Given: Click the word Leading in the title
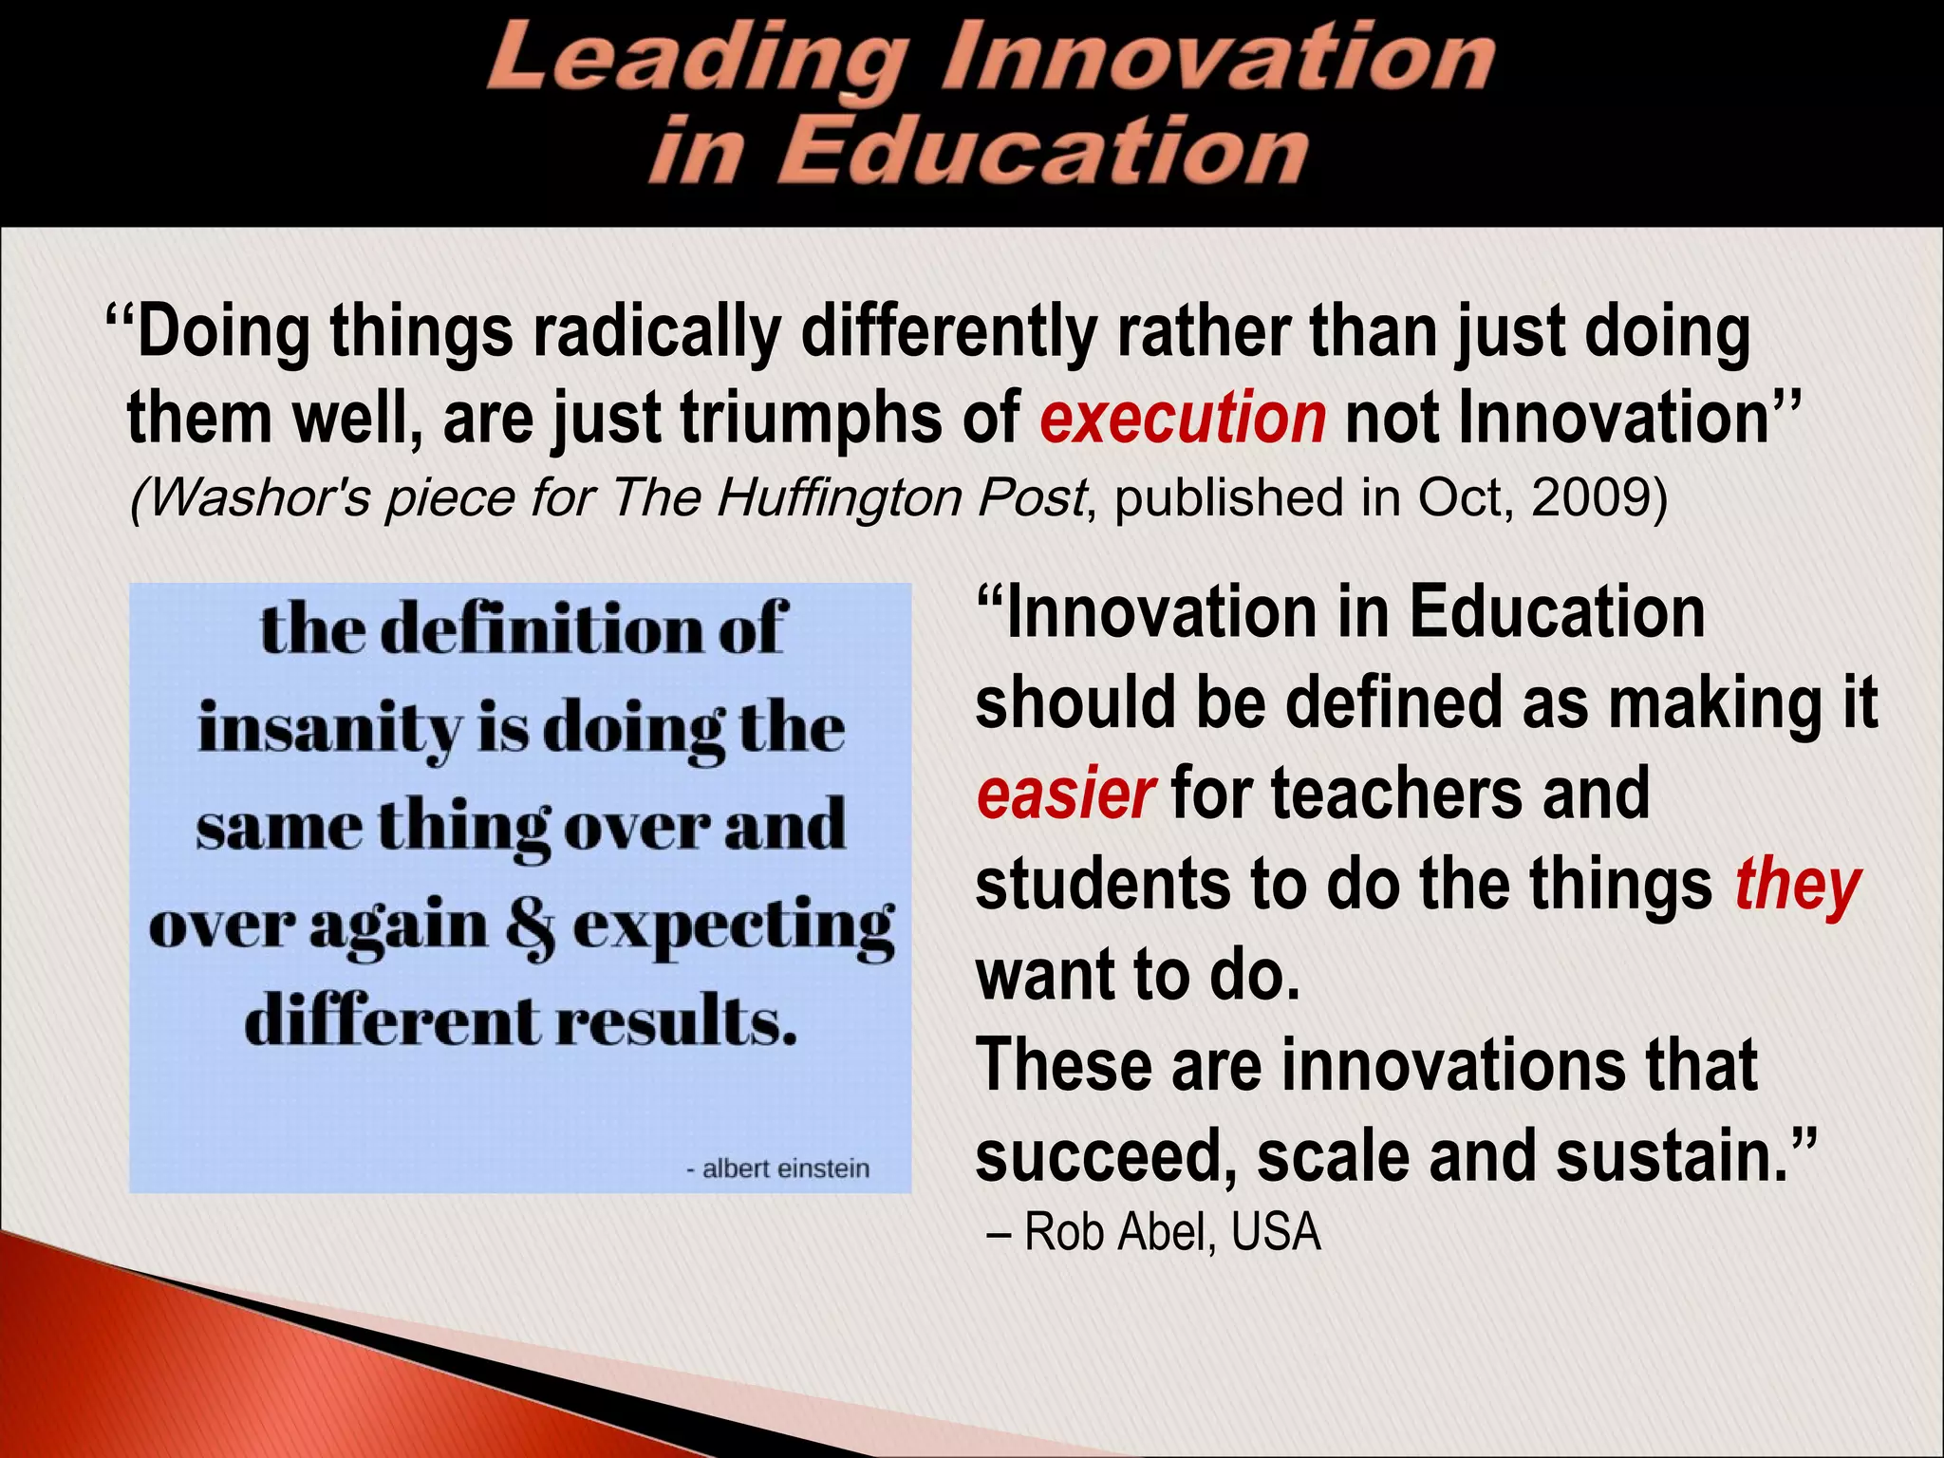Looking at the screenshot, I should [x=693, y=59].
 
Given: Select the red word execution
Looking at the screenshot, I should [x=1183, y=419].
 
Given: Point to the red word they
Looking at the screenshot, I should [x=1797, y=887].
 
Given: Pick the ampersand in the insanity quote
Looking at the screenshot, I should [x=531, y=928].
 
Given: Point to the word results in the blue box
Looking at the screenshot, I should [x=676, y=1023].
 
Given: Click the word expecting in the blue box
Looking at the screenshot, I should [x=733, y=928].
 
